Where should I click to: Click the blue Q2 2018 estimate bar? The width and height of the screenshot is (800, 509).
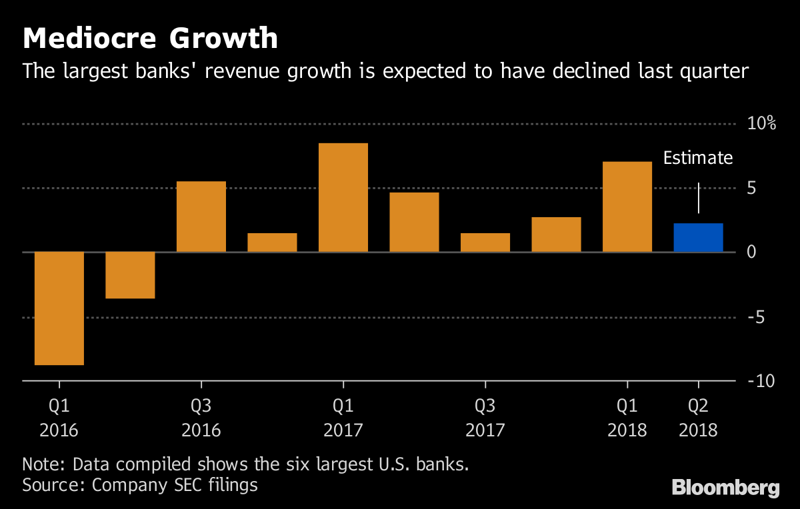pos(698,238)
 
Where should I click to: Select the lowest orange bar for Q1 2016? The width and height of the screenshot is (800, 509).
pos(59,308)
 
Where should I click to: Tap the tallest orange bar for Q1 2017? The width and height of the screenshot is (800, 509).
pos(343,198)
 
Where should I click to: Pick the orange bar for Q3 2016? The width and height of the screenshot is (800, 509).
pos(201,217)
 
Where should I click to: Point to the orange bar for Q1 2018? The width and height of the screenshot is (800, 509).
pos(627,207)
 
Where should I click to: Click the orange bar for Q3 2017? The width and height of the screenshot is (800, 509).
pos(485,243)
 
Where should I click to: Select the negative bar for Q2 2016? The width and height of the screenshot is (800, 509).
pos(130,275)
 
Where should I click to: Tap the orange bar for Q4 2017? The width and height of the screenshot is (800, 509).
pos(556,235)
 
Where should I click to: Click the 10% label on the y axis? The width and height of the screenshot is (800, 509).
pos(761,124)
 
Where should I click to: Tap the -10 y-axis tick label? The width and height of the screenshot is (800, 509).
pos(759,382)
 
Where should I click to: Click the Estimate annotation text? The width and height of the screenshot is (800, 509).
pos(697,159)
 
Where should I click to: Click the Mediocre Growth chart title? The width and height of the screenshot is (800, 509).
pos(150,39)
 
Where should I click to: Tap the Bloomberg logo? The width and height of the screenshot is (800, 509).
pos(725,488)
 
